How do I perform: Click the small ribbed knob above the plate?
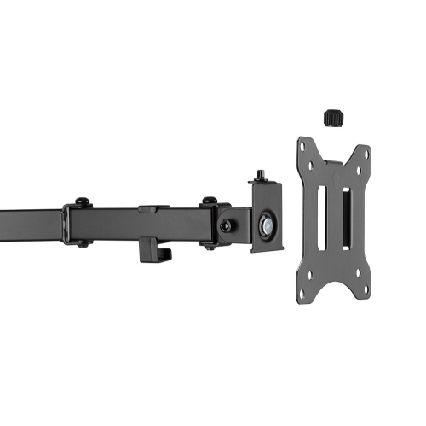point(333,114)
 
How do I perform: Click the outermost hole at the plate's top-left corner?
point(304,146)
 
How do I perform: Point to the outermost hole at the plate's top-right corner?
point(366,151)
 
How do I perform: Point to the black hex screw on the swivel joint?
point(226,226)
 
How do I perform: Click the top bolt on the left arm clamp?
point(82,201)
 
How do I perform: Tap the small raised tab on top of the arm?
point(147,207)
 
